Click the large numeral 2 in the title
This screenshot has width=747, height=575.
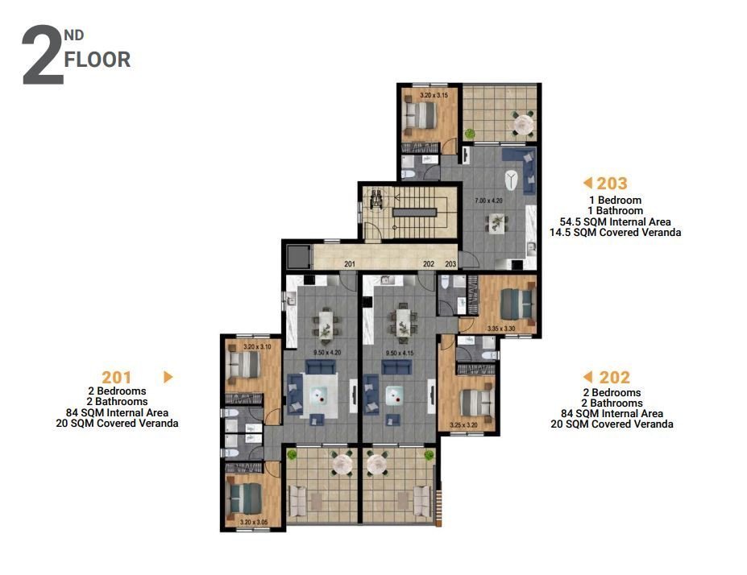coord(43,56)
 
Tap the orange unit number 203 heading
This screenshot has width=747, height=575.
coord(612,183)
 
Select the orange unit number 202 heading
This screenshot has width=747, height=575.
coord(613,377)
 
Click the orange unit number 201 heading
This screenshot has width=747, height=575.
coord(117,376)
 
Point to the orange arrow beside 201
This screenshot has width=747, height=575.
coord(168,376)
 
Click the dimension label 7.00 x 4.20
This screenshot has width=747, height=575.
coord(489,199)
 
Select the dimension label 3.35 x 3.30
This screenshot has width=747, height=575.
coord(500,329)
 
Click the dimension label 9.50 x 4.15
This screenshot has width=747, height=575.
coord(400,352)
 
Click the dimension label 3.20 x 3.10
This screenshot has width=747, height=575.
coord(256,347)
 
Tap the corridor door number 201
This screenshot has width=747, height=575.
coord(349,264)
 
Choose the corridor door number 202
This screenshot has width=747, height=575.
coord(429,264)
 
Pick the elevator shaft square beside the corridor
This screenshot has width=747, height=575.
coord(298,256)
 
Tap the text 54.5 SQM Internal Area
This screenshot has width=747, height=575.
coord(615,221)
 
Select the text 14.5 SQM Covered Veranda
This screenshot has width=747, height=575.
coord(615,233)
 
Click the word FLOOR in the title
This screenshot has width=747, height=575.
coord(98,60)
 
